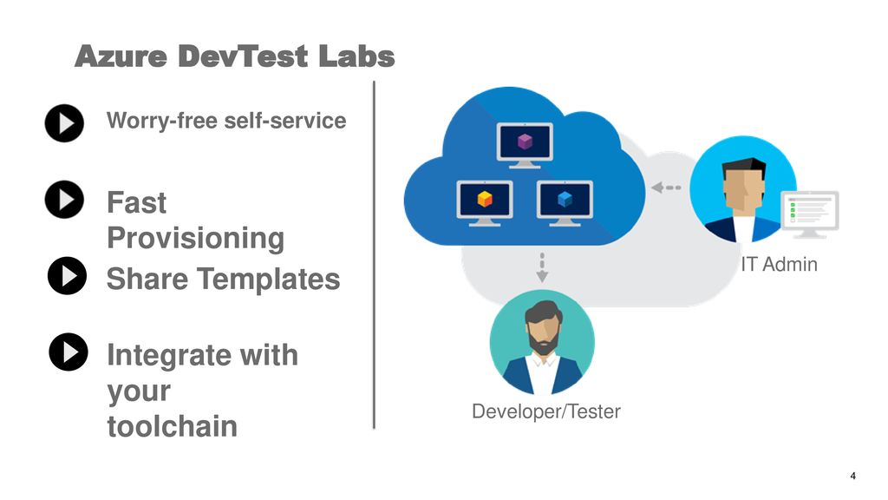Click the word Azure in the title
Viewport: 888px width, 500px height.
tap(121, 56)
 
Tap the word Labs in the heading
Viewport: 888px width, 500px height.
tap(356, 56)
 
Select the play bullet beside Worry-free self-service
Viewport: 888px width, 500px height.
tap(64, 123)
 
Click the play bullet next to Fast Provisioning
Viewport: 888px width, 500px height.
tap(64, 200)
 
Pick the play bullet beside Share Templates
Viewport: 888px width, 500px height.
tap(68, 276)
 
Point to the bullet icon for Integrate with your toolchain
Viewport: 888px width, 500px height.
tap(69, 352)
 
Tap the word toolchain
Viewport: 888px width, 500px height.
tap(173, 426)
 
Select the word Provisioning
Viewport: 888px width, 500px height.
tap(195, 238)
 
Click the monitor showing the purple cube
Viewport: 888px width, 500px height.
tap(525, 145)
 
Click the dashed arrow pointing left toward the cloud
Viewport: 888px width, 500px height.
tap(666, 187)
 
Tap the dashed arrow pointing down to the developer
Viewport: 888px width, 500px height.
tap(542, 267)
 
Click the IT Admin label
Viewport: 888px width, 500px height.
tap(780, 264)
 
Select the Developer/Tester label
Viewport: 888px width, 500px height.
tap(546, 411)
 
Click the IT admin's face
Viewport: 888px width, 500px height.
tap(744, 187)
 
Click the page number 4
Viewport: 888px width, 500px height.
tap(853, 477)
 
